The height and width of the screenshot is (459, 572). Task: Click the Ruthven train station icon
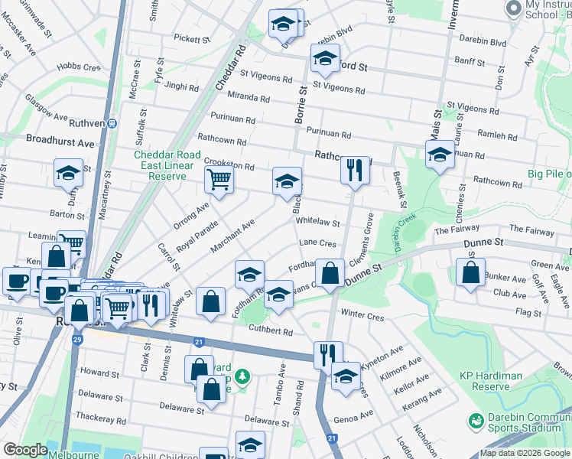pos(112,122)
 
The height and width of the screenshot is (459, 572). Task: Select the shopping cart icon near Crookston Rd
pos(219,181)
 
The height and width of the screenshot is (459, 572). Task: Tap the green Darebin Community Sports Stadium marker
pos(476,421)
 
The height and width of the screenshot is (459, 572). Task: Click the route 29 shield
pos(77,339)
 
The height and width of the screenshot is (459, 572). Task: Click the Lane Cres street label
pos(317,243)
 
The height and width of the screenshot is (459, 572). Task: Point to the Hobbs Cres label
pos(79,67)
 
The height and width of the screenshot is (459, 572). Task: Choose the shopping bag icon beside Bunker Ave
pos(470,272)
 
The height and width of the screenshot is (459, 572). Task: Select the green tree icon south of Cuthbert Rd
pos(242,376)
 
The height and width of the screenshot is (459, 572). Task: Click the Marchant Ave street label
pos(237,236)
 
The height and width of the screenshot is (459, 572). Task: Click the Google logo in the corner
pos(25,450)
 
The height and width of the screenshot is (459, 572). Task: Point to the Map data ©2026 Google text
pos(525,453)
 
